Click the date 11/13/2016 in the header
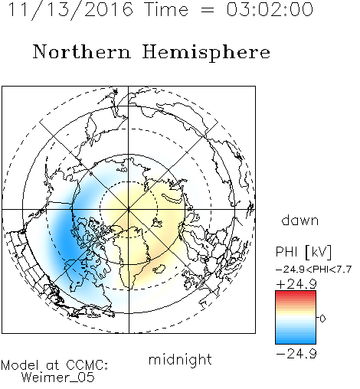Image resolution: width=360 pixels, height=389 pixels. (70, 10)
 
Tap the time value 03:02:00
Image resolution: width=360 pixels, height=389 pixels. (270, 9)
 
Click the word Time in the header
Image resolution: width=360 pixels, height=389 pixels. (166, 9)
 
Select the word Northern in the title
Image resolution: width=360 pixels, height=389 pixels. (82, 51)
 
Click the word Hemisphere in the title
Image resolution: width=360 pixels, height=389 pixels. (206, 53)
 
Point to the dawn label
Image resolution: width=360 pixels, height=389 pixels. (300, 221)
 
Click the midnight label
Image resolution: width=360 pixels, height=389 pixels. (180, 359)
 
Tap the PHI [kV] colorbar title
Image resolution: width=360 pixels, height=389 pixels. (303, 252)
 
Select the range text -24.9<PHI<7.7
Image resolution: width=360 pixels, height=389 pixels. (314, 270)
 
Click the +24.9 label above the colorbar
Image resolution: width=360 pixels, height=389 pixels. (296, 284)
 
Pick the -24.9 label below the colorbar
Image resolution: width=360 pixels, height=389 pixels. (296, 354)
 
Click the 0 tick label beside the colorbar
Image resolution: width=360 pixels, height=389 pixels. (322, 319)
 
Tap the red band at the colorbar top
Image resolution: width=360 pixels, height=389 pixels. (296, 293)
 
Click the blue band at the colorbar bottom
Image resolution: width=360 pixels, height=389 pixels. (296, 341)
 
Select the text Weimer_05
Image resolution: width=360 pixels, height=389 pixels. (58, 378)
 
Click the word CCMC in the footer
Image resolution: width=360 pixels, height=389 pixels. (87, 365)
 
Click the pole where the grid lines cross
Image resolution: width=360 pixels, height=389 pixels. (129, 209)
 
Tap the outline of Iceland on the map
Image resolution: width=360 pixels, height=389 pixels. (159, 269)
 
